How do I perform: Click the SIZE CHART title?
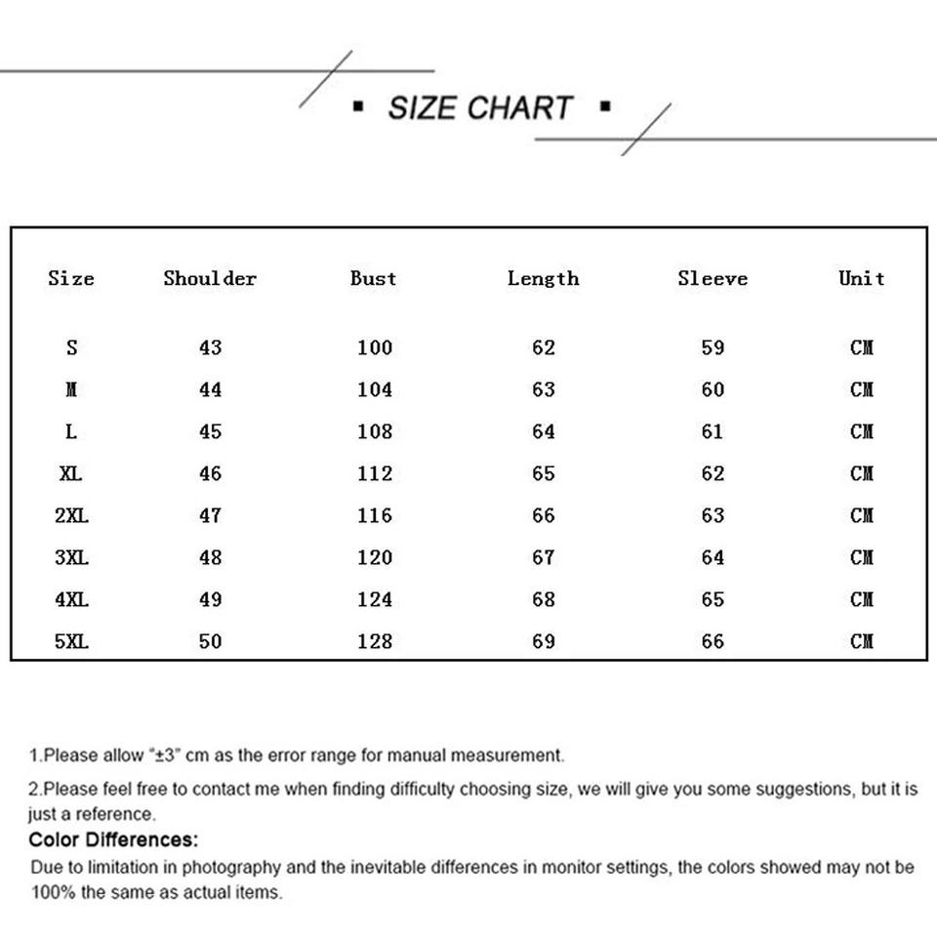click(x=479, y=107)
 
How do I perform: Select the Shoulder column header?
click(x=210, y=278)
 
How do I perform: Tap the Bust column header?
click(x=374, y=278)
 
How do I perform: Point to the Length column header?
click(x=544, y=279)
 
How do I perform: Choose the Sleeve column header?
click(x=713, y=278)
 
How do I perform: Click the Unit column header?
click(x=862, y=278)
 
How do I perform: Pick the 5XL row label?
click(x=71, y=641)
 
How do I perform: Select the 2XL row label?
click(x=71, y=515)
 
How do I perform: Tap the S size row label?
click(x=71, y=347)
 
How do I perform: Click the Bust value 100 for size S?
click(x=375, y=347)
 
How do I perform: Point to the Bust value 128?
click(x=375, y=641)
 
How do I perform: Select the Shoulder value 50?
click(x=211, y=641)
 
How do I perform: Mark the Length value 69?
click(x=544, y=641)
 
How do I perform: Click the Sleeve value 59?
click(x=713, y=347)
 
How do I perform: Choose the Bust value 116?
click(x=375, y=515)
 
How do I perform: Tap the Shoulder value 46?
click(x=211, y=473)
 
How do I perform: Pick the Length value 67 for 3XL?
click(x=544, y=557)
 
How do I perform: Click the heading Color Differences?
click(x=113, y=839)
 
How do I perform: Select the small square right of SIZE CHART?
click(x=605, y=105)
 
